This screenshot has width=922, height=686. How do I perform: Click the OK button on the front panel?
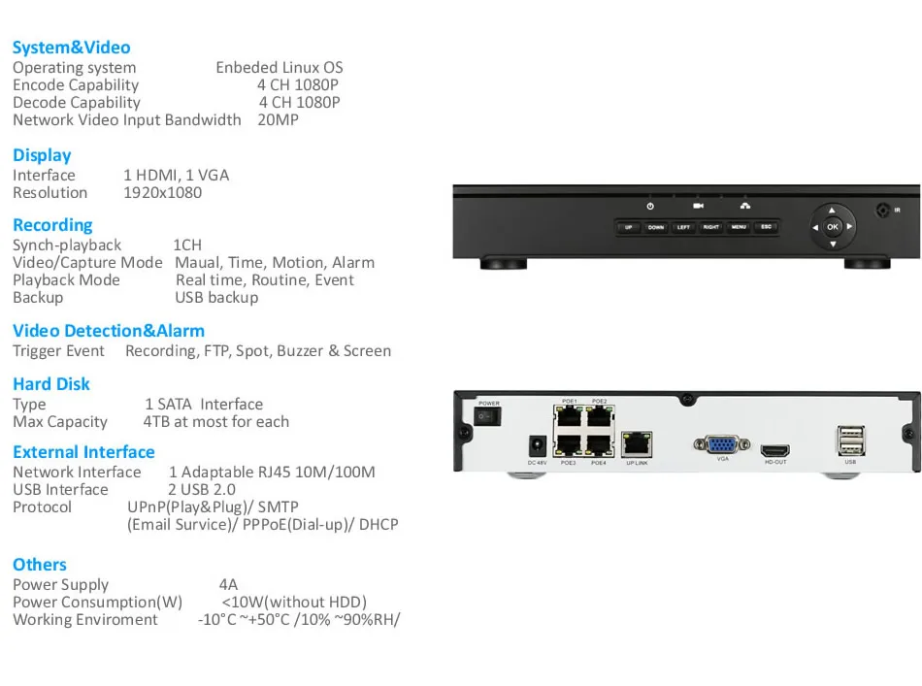click(x=833, y=227)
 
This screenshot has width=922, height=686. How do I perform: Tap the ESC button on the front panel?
click(x=766, y=227)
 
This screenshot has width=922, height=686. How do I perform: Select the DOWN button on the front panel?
click(x=656, y=227)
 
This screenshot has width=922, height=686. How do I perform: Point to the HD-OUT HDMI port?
click(x=774, y=451)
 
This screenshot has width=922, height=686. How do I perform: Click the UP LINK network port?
click(x=636, y=444)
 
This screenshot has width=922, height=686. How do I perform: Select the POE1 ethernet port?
click(x=570, y=418)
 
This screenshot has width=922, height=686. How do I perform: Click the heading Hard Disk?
click(x=51, y=384)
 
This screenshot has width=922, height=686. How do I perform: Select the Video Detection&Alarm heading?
click(x=109, y=331)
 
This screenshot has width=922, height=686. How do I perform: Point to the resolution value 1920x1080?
click(x=162, y=192)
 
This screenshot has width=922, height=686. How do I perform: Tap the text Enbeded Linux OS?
click(x=279, y=68)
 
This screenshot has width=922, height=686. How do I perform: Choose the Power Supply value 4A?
click(x=228, y=585)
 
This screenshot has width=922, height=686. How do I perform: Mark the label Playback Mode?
click(x=66, y=280)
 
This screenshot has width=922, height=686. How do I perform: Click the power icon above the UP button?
click(x=650, y=206)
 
